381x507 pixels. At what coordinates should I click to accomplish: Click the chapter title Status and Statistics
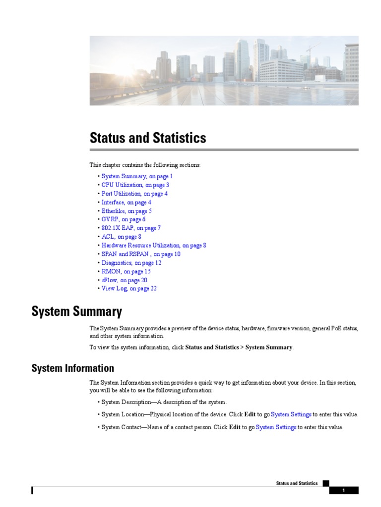click(148, 138)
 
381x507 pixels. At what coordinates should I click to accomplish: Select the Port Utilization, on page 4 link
click(134, 194)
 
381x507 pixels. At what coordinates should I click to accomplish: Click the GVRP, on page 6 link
click(124, 219)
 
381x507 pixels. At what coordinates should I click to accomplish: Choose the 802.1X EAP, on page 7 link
click(131, 228)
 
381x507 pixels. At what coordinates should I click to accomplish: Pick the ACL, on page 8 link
click(122, 237)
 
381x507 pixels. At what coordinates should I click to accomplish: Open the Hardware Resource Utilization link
click(154, 245)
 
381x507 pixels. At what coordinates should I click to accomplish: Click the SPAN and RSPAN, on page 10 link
click(141, 254)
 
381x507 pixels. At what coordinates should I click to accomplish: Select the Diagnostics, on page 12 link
click(131, 263)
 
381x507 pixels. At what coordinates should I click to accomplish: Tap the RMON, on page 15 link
click(126, 271)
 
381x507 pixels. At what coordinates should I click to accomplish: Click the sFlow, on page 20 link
click(125, 280)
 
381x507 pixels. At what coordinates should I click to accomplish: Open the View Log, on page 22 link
click(129, 289)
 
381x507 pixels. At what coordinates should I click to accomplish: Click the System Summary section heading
click(77, 311)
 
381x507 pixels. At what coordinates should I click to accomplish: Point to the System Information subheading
click(73, 368)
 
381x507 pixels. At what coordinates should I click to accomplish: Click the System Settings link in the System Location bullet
click(291, 414)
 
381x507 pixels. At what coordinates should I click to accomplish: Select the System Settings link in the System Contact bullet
click(276, 427)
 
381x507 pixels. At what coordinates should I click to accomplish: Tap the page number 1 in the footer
click(343, 491)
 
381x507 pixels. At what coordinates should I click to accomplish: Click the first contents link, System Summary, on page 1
click(137, 176)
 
